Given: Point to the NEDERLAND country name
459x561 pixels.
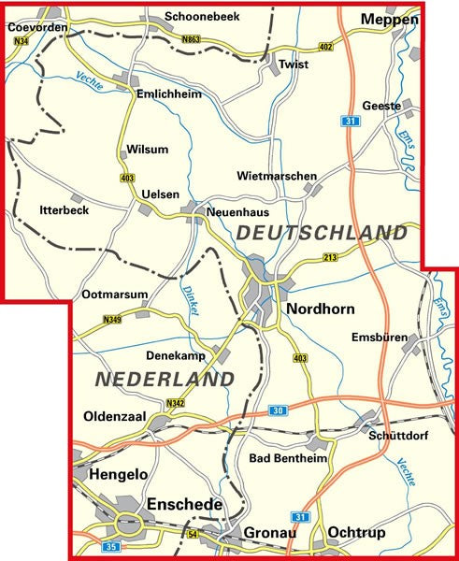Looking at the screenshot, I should (164, 379).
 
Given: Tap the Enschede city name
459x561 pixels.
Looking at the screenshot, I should (185, 504).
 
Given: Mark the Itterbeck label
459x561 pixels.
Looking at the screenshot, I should (64, 210).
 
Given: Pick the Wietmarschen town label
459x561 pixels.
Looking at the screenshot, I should (277, 176).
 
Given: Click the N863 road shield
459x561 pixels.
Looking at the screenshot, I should (191, 39).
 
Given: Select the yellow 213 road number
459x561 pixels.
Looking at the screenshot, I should (329, 257).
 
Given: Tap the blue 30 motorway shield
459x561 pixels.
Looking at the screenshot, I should (278, 410).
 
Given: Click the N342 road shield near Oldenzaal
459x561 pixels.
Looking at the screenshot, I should (175, 404).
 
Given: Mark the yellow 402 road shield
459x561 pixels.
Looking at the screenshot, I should (325, 47).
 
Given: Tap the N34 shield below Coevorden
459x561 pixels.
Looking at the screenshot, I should (21, 40).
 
